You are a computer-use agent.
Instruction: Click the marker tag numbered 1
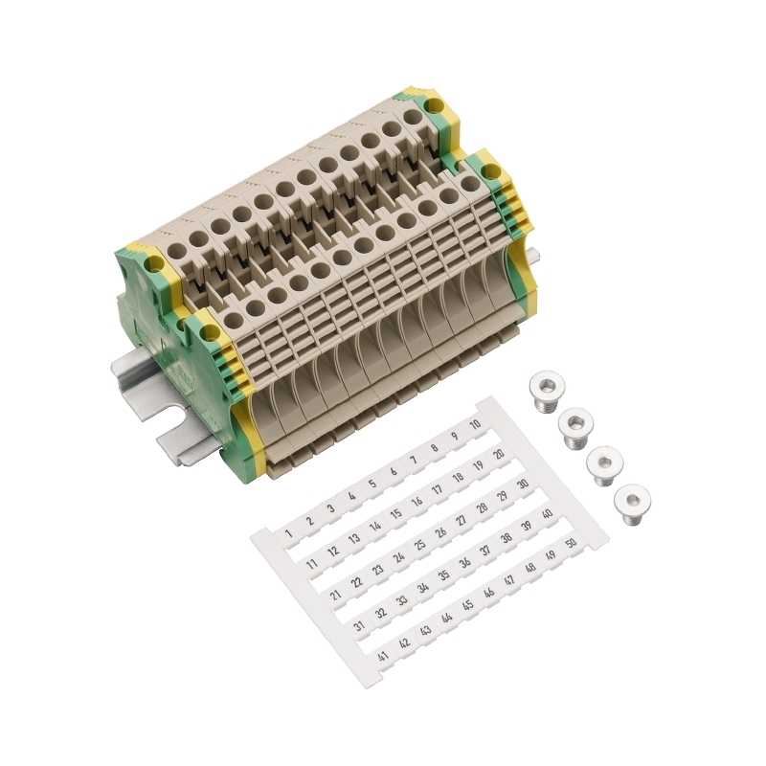pyautogui.click(x=289, y=533)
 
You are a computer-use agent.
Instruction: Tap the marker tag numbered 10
pyautogui.click(x=475, y=424)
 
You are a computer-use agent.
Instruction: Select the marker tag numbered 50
pyautogui.click(x=570, y=543)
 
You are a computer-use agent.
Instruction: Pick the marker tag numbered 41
pyautogui.click(x=384, y=656)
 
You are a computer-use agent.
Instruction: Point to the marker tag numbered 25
pyautogui.click(x=419, y=545)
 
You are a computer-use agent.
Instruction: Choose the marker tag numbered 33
pyautogui.click(x=401, y=599)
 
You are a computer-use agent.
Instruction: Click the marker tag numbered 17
pyautogui.click(x=438, y=489)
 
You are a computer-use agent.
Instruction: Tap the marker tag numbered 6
pyautogui.click(x=394, y=472)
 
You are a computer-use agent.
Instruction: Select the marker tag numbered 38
pyautogui.click(x=507, y=537)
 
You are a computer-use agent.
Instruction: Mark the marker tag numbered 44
pyautogui.click(x=446, y=618)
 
